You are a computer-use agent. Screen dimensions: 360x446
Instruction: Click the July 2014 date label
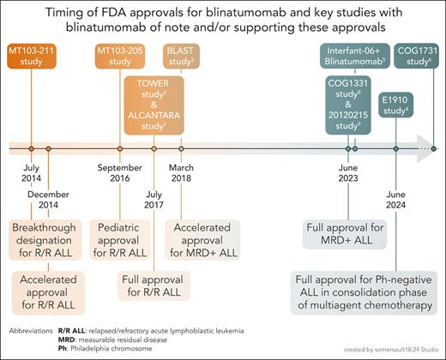(x=30, y=171)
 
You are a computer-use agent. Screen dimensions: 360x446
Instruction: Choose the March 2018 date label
(x=187, y=171)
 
